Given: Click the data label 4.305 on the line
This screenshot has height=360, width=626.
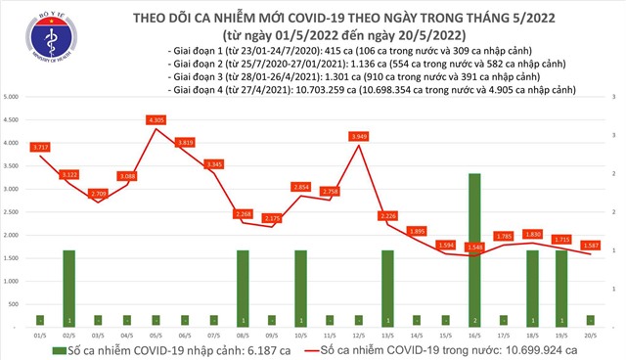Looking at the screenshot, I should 155,119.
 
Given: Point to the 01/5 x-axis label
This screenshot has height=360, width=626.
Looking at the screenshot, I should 39,333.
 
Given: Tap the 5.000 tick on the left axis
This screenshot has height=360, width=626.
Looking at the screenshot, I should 14,98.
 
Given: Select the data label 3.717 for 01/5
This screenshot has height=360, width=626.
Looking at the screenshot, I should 40,147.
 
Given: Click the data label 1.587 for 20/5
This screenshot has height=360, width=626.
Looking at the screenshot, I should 588,245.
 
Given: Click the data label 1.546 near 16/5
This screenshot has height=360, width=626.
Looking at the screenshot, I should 474,247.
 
